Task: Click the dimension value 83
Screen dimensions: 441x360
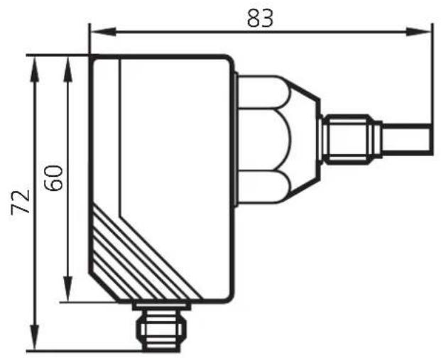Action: click(260, 18)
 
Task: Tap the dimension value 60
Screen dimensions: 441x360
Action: click(53, 178)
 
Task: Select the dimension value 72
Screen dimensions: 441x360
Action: click(21, 202)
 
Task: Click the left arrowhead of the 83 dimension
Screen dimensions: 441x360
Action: click(103, 31)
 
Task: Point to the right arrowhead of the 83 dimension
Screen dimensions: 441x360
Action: click(418, 31)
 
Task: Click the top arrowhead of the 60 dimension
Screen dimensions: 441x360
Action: click(67, 69)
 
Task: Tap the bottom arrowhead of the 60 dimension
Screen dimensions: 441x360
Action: click(67, 289)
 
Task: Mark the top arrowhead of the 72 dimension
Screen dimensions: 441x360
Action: click(35, 69)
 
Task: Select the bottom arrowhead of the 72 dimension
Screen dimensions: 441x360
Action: click(35, 337)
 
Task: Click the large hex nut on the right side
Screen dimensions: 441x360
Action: click(264, 139)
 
